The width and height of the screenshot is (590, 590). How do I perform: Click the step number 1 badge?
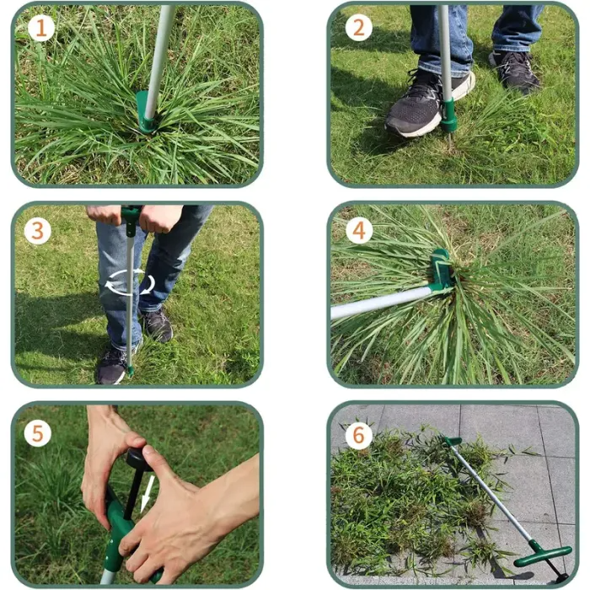[40, 29]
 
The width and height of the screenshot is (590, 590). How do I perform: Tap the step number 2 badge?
[358, 29]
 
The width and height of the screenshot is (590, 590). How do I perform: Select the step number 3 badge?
[37, 230]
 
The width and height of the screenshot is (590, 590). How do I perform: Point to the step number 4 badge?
[358, 230]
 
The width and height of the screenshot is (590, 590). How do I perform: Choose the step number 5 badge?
[37, 433]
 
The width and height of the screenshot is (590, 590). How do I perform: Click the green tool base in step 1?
[145, 115]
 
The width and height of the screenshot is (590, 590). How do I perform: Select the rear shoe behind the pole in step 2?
[514, 71]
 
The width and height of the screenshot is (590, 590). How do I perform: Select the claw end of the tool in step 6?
[453, 441]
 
